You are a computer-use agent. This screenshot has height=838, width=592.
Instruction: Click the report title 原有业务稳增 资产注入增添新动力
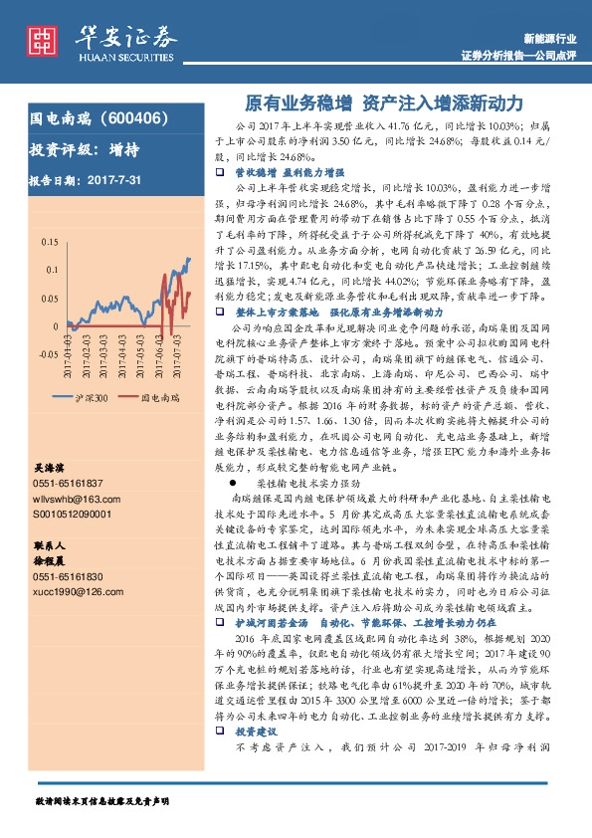pos(383,103)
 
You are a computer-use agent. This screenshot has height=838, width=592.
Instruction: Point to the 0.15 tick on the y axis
pos(48,242)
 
